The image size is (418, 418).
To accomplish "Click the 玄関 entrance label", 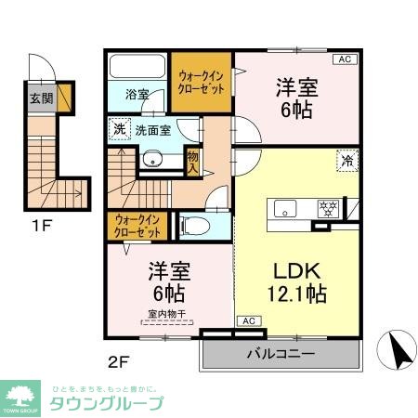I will tap(41, 98).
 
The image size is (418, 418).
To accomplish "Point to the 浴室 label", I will tap(137, 94).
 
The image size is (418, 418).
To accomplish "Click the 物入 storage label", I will tap(192, 163).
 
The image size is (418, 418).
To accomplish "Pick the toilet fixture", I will tap(193, 225).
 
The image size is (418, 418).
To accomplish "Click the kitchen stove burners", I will tap(326, 207).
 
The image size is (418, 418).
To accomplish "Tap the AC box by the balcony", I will tap(248, 321).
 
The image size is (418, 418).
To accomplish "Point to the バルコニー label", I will tap(280, 353).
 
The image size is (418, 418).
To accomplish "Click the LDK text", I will tap(295, 271).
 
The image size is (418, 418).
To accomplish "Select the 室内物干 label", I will tap(167, 314).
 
